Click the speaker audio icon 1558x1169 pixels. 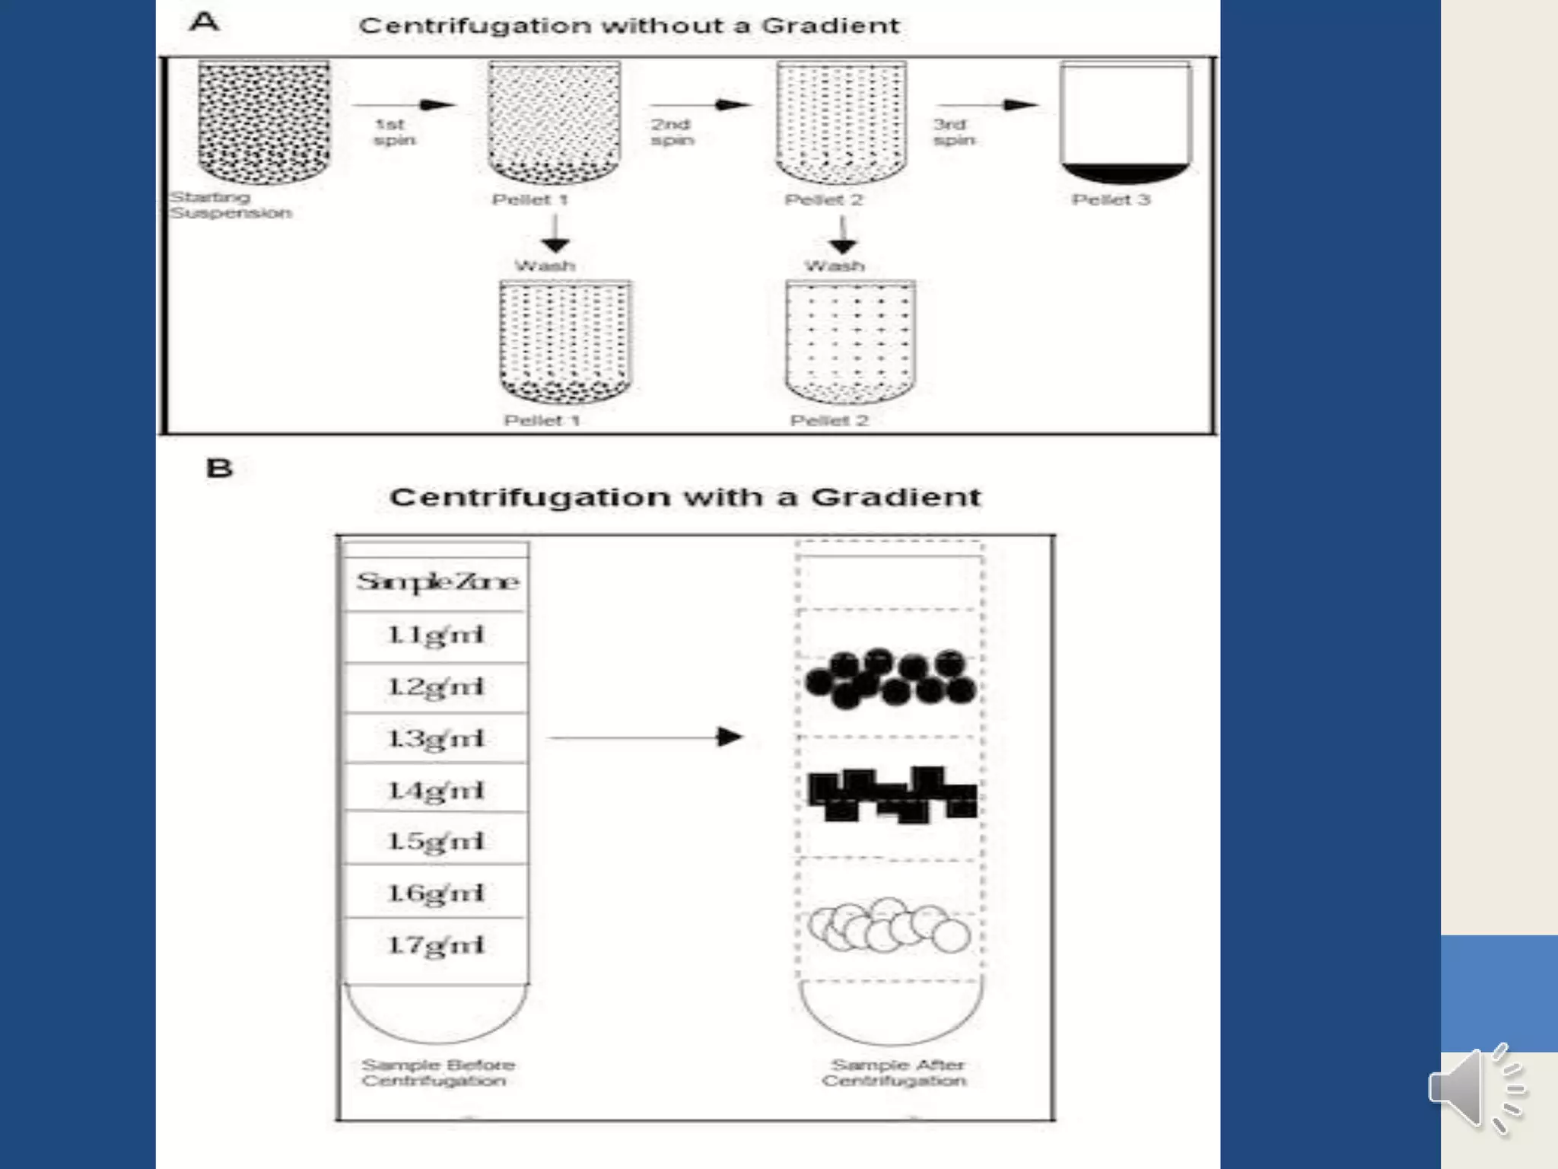(1476, 1088)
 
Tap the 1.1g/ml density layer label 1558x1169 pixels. (436, 635)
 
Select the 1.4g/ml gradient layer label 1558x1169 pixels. (436, 791)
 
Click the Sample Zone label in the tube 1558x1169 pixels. (437, 582)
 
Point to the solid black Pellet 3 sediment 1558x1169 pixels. (1125, 174)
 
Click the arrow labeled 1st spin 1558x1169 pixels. (403, 105)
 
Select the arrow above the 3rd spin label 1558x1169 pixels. (987, 105)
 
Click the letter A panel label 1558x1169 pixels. (204, 21)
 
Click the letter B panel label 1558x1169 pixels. (219, 467)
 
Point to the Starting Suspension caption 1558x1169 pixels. (231, 205)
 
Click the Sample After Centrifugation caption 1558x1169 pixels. (895, 1072)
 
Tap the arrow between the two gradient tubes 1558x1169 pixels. (645, 737)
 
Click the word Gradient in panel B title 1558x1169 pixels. (895, 497)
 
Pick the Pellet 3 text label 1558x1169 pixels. (1111, 199)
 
